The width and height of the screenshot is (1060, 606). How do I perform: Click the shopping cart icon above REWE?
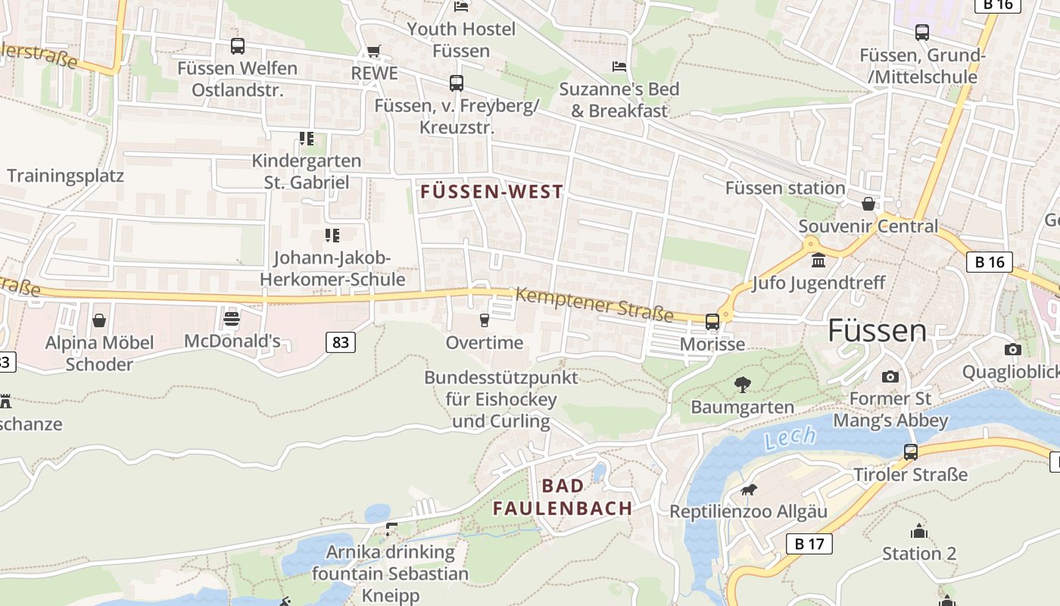pyautogui.click(x=373, y=52)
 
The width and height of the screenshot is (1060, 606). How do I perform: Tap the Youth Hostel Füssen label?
pyautogui.click(x=461, y=40)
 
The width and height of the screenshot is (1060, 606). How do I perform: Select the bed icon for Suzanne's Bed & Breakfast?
pyautogui.click(x=619, y=67)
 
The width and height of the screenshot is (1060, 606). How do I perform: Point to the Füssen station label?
pyautogui.click(x=785, y=188)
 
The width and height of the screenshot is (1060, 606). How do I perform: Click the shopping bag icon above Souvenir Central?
pyautogui.click(x=868, y=204)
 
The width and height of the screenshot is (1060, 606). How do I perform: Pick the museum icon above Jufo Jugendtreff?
pyautogui.click(x=818, y=261)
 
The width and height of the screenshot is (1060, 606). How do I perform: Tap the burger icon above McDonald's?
pyautogui.click(x=232, y=318)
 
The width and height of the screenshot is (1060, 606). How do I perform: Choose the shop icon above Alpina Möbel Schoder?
pyautogui.click(x=99, y=320)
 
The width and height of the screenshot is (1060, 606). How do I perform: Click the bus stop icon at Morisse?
pyautogui.click(x=712, y=322)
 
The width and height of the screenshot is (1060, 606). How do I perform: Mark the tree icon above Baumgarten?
pyautogui.click(x=742, y=385)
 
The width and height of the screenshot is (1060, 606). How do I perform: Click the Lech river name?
pyautogui.click(x=790, y=437)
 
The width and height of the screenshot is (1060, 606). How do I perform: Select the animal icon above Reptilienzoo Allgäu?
pyautogui.click(x=748, y=490)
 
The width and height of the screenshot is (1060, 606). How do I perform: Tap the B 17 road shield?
pyautogui.click(x=809, y=543)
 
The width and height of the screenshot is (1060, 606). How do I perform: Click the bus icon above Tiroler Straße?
pyautogui.click(x=911, y=452)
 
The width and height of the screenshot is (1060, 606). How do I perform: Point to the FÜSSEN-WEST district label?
pyautogui.click(x=492, y=192)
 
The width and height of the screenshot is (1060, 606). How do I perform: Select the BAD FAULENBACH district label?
pyautogui.click(x=563, y=497)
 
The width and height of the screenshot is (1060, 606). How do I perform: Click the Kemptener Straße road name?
pyautogui.click(x=594, y=303)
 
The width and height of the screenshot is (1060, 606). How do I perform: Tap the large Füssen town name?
pyautogui.click(x=877, y=331)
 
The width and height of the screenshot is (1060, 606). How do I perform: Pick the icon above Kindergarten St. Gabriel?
pyautogui.click(x=306, y=139)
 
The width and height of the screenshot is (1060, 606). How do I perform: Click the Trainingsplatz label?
pyautogui.click(x=65, y=176)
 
